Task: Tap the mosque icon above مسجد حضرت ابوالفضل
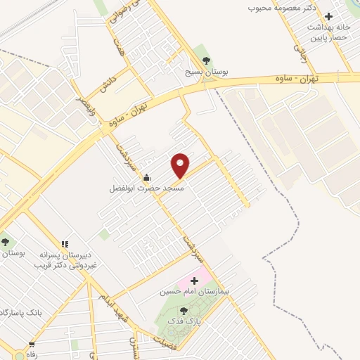point(146,176)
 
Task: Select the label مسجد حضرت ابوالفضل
point(146,188)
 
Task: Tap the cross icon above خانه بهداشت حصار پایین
point(328,15)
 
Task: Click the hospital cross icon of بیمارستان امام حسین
point(195,281)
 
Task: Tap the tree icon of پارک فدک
point(184,311)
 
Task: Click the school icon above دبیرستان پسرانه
point(64,243)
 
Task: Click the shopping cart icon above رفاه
point(31,345)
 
